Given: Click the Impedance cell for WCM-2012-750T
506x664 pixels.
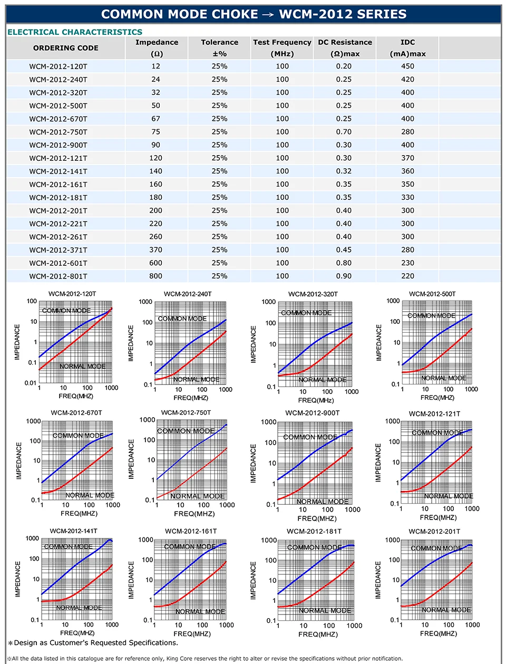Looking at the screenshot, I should (x=156, y=132).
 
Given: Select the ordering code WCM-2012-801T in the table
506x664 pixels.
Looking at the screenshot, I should (x=59, y=276).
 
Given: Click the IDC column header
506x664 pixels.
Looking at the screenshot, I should (x=407, y=43).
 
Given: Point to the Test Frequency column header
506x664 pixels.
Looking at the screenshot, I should (x=282, y=43).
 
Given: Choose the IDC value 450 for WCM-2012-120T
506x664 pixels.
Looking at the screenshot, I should (x=407, y=66).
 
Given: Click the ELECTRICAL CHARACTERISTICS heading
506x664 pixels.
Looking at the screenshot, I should (x=75, y=32).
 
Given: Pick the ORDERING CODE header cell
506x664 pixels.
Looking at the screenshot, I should (x=66, y=48).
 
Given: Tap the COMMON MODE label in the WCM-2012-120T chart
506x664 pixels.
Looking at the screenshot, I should (x=66, y=311).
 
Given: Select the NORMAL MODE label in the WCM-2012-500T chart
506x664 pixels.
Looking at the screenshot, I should (x=444, y=378).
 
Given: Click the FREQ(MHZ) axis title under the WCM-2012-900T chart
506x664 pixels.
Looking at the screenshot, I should (x=317, y=518).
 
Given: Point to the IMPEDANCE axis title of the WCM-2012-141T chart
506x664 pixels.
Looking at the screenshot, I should (x=17, y=579).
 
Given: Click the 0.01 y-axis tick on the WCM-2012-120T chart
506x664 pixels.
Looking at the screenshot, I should (x=30, y=383).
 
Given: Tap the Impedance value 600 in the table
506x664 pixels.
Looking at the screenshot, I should (x=156, y=263).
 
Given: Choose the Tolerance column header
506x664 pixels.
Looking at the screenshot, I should (x=219, y=43).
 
